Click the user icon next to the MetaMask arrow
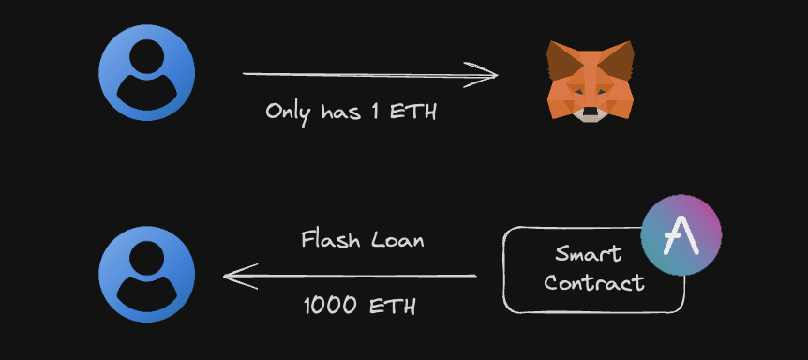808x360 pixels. (147, 74)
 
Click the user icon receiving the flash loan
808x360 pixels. (147, 274)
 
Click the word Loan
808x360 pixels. (397, 239)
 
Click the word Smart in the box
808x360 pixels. (589, 252)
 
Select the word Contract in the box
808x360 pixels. (594, 281)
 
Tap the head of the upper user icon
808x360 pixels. (147, 60)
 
